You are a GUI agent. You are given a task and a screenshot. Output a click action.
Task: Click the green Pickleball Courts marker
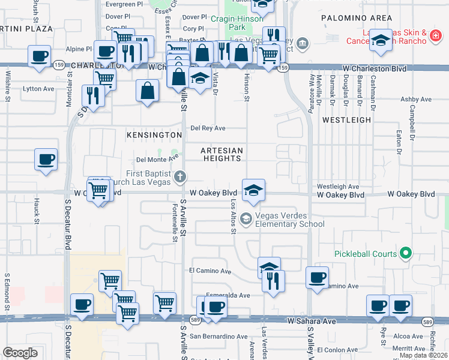click(x=406, y=254)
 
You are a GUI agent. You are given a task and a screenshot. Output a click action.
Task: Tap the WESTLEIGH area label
click(x=346, y=120)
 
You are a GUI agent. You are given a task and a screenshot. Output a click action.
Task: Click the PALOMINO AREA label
click(x=357, y=18)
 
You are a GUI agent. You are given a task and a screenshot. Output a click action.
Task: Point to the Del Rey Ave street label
click(x=208, y=128)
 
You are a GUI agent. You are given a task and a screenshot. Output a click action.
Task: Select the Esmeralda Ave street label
click(x=228, y=295)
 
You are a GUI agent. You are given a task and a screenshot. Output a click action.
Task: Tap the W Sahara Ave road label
click(x=312, y=322)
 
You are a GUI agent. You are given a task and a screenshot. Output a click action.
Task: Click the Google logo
click(x=20, y=353)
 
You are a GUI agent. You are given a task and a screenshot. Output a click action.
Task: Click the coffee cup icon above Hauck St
click(x=46, y=160)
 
